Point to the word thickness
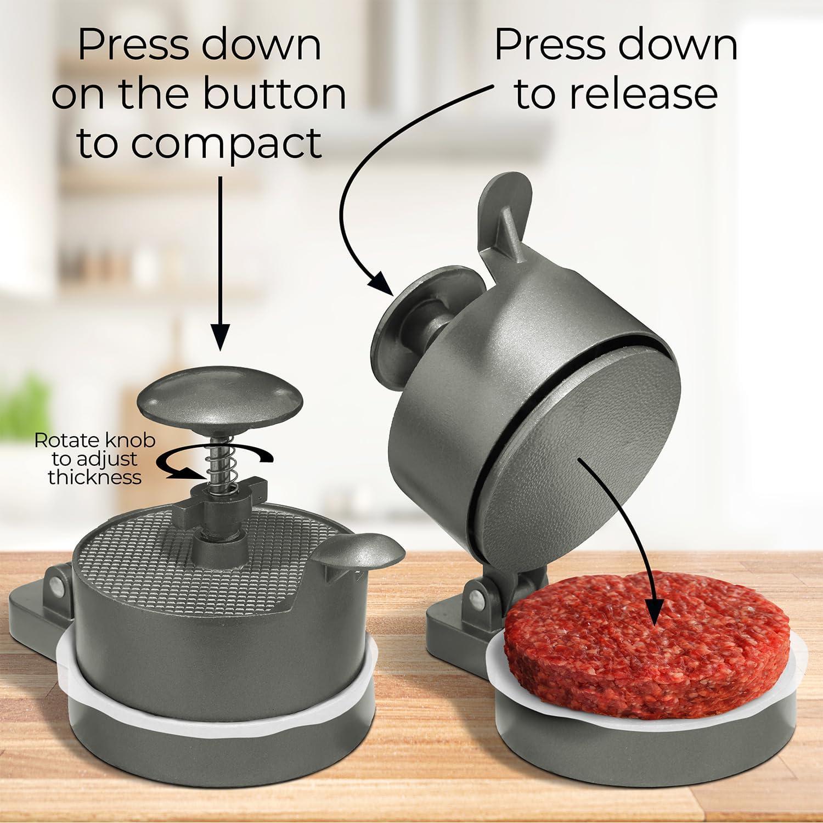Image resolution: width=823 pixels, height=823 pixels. tap(94, 477)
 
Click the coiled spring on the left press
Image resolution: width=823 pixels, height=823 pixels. tap(218, 451)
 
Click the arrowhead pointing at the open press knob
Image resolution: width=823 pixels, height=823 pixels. tap(381, 284)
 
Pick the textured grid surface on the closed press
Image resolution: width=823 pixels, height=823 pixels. tap(187, 538)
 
